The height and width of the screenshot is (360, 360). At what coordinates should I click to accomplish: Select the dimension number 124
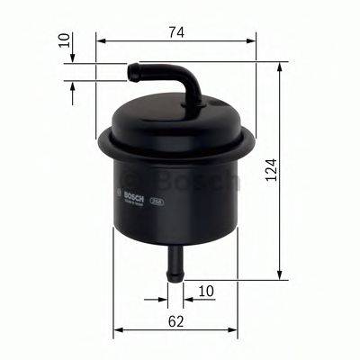(x=271, y=169)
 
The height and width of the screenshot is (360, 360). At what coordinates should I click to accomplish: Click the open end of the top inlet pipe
(x=133, y=67)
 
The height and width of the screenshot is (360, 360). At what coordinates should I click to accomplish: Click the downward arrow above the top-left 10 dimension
(x=72, y=56)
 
